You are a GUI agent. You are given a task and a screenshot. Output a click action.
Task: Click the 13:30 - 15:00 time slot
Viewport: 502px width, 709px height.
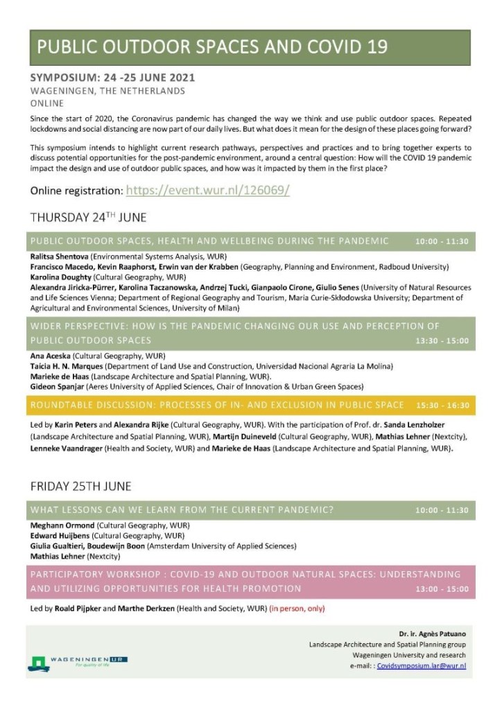(x=442, y=341)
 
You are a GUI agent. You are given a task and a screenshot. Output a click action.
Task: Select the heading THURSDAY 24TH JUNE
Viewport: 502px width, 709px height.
(x=88, y=218)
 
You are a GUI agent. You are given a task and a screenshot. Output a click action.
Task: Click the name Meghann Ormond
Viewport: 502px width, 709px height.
(x=61, y=526)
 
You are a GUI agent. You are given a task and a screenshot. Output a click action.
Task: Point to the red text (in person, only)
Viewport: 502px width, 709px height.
(x=297, y=609)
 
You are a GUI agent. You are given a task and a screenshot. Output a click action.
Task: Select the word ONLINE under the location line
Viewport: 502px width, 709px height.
(x=46, y=103)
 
